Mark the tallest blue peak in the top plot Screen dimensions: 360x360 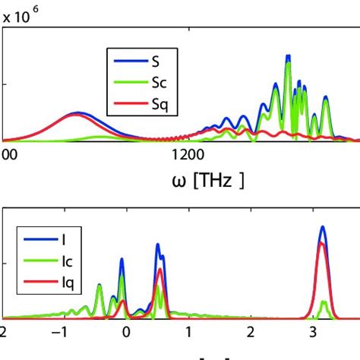pos(288,55)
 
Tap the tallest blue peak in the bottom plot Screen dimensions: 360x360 pos(324,226)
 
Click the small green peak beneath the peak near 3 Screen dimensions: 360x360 pos(324,302)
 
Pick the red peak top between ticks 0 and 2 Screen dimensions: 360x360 pos(159,270)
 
